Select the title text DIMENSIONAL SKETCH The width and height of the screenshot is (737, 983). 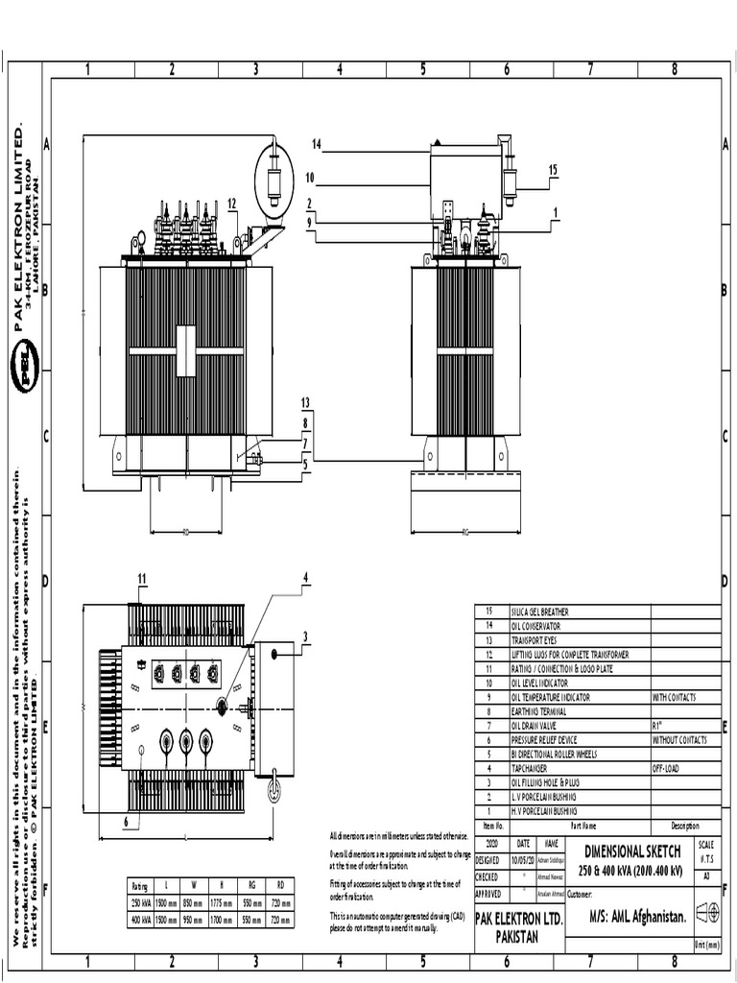click(632, 851)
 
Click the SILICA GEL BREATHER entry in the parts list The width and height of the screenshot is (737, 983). click(540, 611)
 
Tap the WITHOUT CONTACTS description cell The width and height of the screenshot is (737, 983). click(679, 740)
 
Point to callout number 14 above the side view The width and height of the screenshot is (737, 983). click(316, 144)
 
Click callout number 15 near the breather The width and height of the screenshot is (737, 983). click(553, 170)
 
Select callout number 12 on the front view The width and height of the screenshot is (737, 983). click(232, 203)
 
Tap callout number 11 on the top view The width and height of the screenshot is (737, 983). click(141, 578)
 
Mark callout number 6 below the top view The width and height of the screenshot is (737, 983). click(125, 822)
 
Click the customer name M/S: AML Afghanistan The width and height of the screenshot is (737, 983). click(637, 917)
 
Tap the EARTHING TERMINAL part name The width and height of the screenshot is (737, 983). click(538, 712)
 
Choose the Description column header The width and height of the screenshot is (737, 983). click(684, 826)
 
